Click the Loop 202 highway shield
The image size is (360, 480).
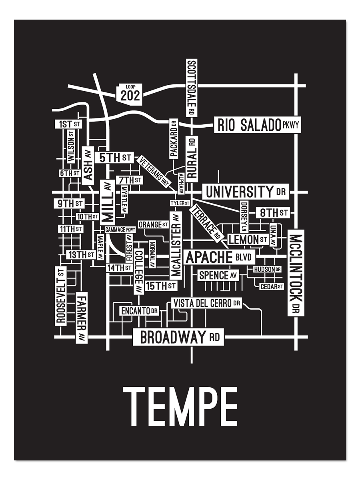click(x=130, y=94)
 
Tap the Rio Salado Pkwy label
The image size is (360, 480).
click(x=257, y=125)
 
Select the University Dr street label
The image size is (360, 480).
click(x=245, y=192)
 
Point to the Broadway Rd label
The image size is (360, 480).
click(x=178, y=337)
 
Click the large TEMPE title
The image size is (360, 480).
click(x=180, y=407)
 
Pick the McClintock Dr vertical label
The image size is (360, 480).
click(x=296, y=273)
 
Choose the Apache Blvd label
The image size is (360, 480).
click(x=219, y=257)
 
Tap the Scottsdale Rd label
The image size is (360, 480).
click(x=192, y=87)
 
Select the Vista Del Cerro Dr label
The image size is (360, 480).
click(x=206, y=303)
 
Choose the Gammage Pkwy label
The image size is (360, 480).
click(x=120, y=230)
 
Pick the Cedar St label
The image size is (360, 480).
click(x=271, y=286)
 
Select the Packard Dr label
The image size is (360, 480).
click(x=173, y=139)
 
